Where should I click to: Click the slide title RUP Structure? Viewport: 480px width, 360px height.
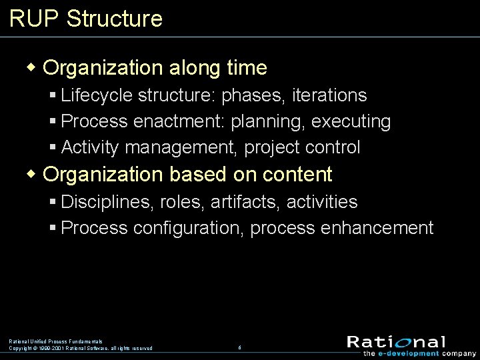86,18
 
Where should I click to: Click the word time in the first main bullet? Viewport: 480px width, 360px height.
246,67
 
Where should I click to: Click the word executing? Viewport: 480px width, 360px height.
351,121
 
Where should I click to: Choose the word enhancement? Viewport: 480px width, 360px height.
377,228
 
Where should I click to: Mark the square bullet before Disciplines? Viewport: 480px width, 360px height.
53,201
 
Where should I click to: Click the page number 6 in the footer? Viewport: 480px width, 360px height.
239,347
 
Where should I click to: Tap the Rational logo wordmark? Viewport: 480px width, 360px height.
396,341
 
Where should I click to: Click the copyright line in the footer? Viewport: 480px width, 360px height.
80,348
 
